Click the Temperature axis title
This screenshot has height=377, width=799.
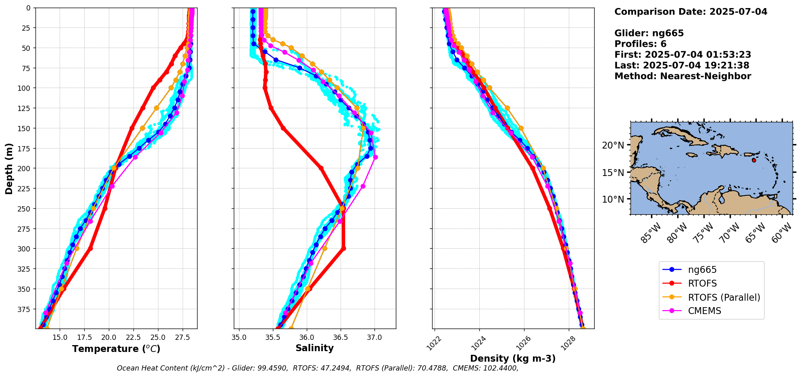tap(116, 349)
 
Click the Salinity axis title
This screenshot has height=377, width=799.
tap(314, 348)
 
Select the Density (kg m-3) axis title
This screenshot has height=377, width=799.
tap(513, 358)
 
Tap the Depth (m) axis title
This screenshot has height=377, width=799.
tap(9, 168)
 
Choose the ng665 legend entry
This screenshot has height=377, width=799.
tap(702, 270)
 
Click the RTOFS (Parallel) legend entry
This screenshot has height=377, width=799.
tap(724, 297)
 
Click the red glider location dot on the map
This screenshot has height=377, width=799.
tap(754, 160)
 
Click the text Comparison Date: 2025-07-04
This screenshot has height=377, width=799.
tap(691, 12)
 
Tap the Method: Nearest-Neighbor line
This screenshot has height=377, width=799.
tap(682, 76)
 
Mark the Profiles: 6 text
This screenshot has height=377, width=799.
tap(640, 44)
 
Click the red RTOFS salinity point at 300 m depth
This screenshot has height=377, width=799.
tap(343, 249)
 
